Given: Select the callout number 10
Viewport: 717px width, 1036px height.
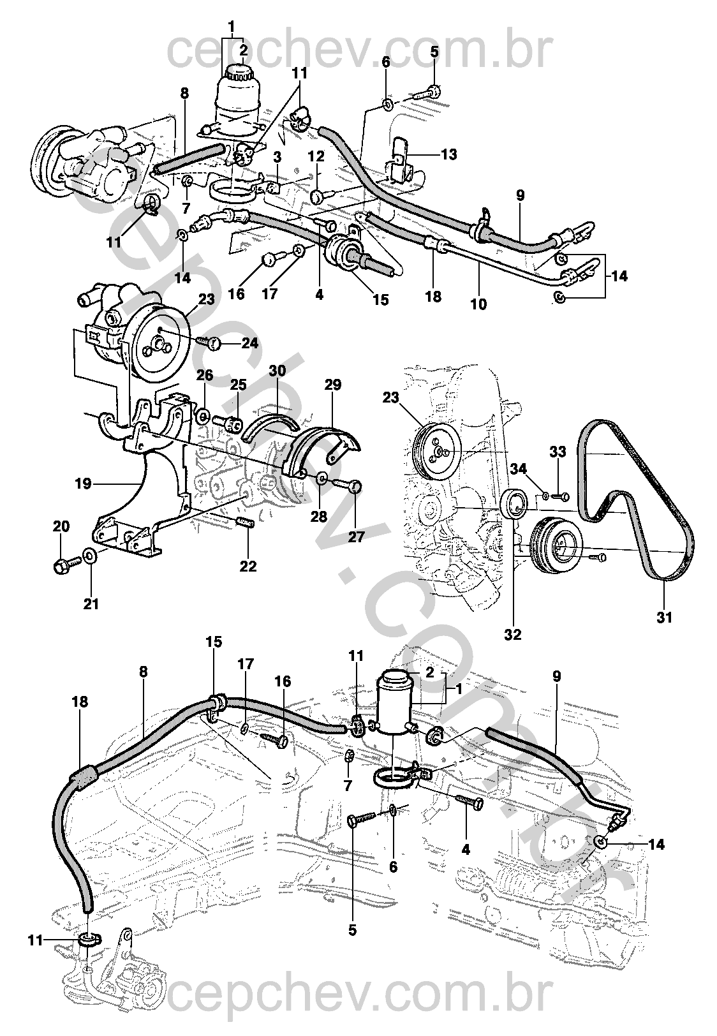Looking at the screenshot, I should tap(478, 304).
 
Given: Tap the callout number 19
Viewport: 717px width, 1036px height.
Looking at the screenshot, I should tap(84, 484).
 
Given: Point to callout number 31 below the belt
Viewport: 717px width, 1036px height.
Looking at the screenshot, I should tap(664, 618).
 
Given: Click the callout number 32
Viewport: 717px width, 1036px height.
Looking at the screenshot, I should tap(513, 635).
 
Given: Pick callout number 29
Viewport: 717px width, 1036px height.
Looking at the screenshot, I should tap(332, 385).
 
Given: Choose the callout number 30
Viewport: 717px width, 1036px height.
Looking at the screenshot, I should tap(277, 371).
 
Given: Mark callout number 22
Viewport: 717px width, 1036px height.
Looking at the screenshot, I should tap(248, 566).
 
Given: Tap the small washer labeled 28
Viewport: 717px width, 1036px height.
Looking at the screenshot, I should tap(322, 477).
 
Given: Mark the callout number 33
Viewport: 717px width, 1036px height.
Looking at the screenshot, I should tap(558, 452).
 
